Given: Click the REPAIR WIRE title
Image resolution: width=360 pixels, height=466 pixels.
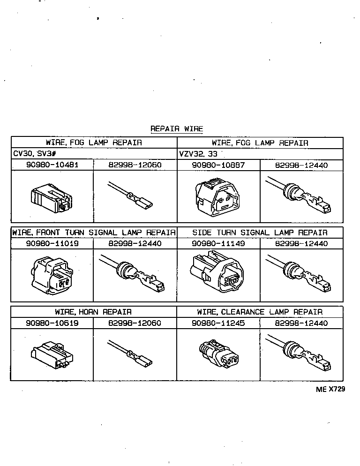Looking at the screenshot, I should (x=177, y=128).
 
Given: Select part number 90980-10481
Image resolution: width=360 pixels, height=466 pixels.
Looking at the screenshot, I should (x=52, y=165).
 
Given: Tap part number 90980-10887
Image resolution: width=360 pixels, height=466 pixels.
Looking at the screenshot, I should (x=218, y=165).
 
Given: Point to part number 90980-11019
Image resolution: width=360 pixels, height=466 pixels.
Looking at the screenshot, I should (x=52, y=244).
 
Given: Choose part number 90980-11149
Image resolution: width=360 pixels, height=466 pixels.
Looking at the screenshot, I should (x=218, y=244).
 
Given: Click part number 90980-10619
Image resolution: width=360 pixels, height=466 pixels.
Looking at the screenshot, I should (x=52, y=323).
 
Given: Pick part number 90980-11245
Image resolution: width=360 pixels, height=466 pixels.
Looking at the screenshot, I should (x=218, y=323).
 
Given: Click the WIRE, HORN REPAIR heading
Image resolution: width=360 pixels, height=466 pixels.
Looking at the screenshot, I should (x=93, y=312).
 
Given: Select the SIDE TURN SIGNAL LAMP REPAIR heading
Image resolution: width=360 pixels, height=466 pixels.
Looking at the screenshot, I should (x=260, y=233).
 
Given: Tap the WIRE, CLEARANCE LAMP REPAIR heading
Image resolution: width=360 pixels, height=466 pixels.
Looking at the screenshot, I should (x=260, y=312).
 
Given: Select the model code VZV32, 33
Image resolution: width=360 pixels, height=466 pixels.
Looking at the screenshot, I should (x=198, y=154).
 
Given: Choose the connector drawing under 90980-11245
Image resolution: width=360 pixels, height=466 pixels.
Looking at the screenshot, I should (x=219, y=355).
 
